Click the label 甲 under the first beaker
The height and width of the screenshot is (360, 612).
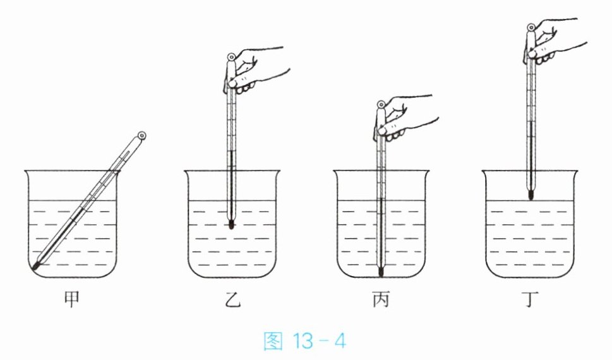point(72,299)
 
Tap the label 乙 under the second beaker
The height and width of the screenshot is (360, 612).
point(232,299)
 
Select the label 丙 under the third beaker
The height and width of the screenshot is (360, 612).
point(381,299)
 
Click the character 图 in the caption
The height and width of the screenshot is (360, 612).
point(273,341)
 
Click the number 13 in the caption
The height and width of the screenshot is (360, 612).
point(303,342)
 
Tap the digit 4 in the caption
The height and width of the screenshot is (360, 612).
point(340,342)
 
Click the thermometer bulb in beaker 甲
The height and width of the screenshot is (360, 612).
point(35,267)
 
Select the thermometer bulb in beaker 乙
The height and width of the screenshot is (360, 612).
point(231,224)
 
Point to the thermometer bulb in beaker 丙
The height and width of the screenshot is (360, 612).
point(381,272)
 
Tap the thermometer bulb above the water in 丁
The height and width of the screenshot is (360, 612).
point(531,195)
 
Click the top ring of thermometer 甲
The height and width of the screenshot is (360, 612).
point(141,136)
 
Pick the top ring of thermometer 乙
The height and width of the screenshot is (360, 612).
point(231,57)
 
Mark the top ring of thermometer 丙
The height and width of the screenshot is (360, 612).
point(381,104)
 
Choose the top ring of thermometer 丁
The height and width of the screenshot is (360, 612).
point(531,28)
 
